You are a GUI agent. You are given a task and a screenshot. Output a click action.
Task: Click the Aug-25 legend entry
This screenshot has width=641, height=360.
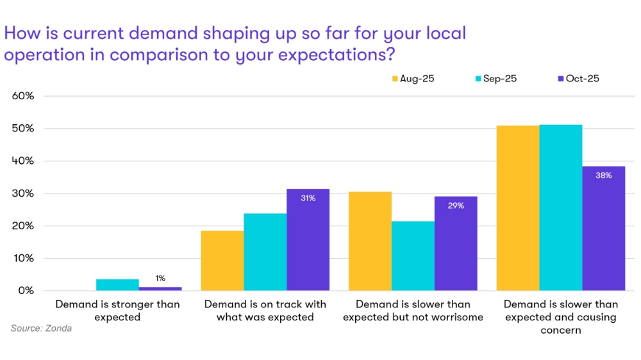pyautogui.click(x=413, y=79)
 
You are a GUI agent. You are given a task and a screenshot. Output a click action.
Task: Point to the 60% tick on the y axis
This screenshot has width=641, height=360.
pyautogui.click(x=23, y=96)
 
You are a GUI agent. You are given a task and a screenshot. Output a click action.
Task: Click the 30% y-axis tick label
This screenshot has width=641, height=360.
pyautogui.click(x=23, y=193)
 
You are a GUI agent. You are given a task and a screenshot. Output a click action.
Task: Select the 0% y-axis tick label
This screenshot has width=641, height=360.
pyautogui.click(x=26, y=291)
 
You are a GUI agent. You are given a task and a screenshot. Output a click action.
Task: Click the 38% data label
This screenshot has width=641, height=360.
pyautogui.click(x=603, y=175)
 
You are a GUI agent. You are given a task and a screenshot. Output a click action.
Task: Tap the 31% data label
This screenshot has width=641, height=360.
pyautogui.click(x=308, y=198)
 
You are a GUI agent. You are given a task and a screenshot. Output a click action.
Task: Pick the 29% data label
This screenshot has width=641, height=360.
pyautogui.click(x=456, y=206)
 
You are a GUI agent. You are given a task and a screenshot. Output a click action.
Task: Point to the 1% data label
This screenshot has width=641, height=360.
pyautogui.click(x=160, y=278)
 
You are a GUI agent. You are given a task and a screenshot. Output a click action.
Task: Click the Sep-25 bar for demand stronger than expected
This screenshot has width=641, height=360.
pyautogui.click(x=117, y=285)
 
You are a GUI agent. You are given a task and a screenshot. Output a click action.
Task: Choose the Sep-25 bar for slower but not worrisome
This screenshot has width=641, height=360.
pyautogui.click(x=413, y=256)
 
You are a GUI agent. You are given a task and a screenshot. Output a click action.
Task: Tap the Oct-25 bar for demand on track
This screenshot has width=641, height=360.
pyautogui.click(x=308, y=243)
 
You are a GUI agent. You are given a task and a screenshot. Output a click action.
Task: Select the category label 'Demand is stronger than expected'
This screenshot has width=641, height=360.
pyautogui.click(x=117, y=311)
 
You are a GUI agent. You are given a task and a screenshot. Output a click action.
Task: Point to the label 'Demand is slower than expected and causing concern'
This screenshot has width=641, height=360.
pyautogui.click(x=560, y=317)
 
